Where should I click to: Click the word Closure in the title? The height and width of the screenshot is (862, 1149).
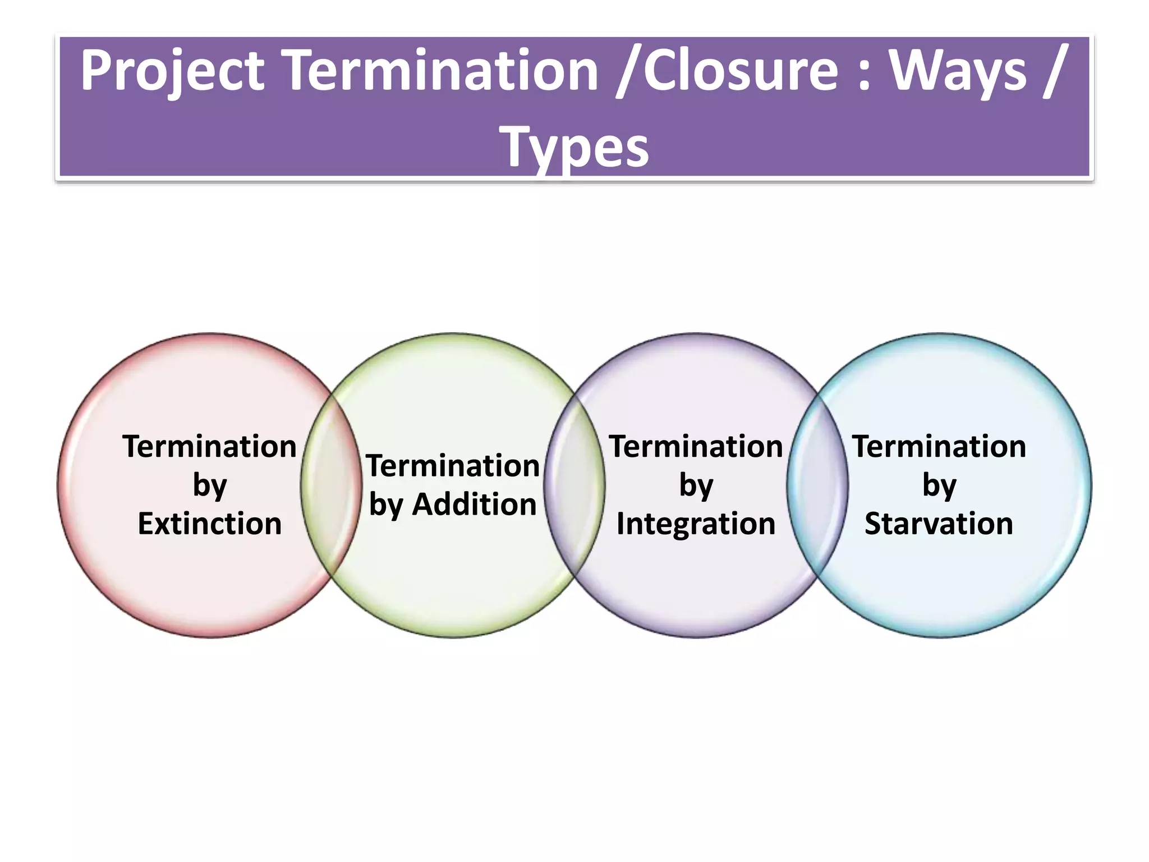(x=741, y=71)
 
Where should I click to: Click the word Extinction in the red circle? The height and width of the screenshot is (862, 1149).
(x=209, y=524)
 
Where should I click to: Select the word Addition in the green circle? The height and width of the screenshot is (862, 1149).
(x=475, y=505)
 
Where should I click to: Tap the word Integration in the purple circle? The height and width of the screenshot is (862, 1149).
(x=696, y=524)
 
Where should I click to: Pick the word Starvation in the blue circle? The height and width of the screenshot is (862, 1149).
(x=939, y=524)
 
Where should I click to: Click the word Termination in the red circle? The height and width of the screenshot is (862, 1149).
(x=209, y=447)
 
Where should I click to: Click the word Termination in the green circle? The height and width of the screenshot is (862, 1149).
(x=453, y=466)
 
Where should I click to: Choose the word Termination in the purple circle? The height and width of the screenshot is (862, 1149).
(x=696, y=447)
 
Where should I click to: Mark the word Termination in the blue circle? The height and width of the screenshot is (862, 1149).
(x=939, y=447)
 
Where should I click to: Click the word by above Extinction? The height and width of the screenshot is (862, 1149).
(x=209, y=486)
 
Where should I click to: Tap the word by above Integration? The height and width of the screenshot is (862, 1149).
(x=696, y=486)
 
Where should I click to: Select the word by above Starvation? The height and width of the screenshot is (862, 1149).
(x=939, y=486)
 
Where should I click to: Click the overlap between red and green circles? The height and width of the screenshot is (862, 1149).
(x=332, y=485)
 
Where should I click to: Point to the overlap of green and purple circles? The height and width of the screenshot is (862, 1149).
(x=574, y=485)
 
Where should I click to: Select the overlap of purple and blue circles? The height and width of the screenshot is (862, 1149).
(x=817, y=485)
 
